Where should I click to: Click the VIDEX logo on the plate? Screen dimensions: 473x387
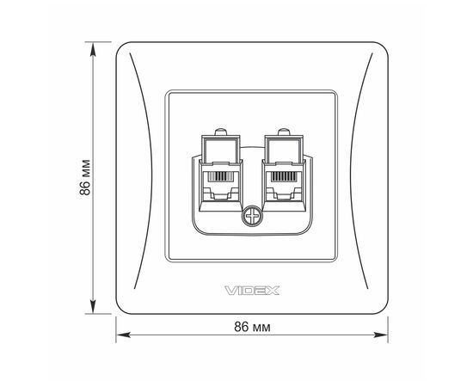tap(252, 291)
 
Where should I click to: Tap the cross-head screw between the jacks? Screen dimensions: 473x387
tap(252, 216)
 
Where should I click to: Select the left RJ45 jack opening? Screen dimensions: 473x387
tap(221, 186)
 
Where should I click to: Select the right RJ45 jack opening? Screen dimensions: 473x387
tap(284, 186)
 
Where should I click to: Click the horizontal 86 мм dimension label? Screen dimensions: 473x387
tap(252, 327)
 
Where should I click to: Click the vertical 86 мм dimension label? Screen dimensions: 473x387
tap(85, 177)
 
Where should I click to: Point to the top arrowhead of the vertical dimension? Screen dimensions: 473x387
tap(93, 49)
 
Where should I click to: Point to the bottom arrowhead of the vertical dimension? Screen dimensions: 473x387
tap(93, 306)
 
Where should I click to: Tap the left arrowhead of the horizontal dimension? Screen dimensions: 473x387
tap(123, 335)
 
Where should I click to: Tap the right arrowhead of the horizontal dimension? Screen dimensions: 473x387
tap(381, 335)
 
